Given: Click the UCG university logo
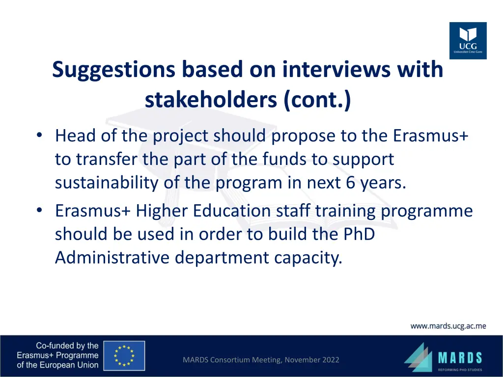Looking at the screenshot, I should (x=468, y=41).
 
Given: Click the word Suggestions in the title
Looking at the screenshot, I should (x=113, y=69).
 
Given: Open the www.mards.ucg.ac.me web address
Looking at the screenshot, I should (x=448, y=326).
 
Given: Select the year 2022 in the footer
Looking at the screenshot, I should (x=329, y=360).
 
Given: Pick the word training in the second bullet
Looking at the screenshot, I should (x=346, y=211).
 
